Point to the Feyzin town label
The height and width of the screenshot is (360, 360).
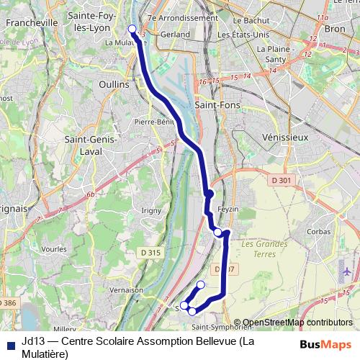227,207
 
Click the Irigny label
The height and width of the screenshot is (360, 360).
151,210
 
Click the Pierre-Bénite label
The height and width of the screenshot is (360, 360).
156,122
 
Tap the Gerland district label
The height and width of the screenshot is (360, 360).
176,34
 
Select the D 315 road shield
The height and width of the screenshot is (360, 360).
150,253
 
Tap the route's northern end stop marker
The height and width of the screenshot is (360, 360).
132,29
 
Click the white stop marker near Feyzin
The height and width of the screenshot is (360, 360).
217,231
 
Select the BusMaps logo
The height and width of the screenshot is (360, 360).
326,344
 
